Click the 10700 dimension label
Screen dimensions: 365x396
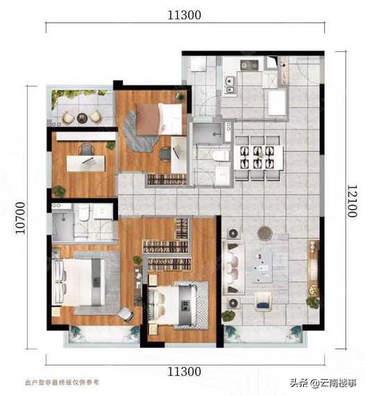point(21,217)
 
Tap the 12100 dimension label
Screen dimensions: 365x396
point(352,201)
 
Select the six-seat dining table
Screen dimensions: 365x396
point(258,158)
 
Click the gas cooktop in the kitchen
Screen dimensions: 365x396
point(249,65)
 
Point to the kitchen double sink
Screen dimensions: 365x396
point(230,85)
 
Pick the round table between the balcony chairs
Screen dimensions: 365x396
point(82,118)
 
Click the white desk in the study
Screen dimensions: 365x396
point(85,163)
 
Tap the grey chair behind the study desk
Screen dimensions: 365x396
point(86,150)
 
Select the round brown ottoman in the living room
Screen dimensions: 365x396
point(265,232)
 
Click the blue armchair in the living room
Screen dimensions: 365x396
point(263,302)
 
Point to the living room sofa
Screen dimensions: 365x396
point(233,268)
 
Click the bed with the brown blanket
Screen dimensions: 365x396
point(159,118)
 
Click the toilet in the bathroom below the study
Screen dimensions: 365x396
point(83,213)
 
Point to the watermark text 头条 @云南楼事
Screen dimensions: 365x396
point(323,383)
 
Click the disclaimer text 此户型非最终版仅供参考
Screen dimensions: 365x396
point(62,382)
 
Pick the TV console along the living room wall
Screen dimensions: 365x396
point(313,268)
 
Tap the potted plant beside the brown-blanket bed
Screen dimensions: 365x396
point(180,96)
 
